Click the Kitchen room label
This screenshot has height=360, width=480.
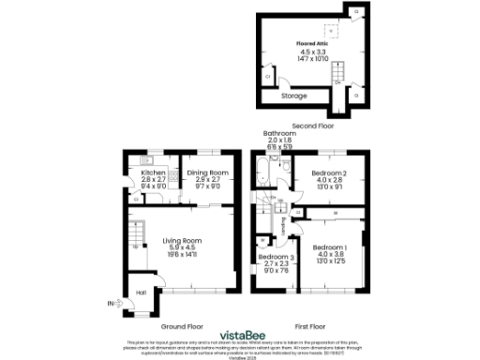[153, 173]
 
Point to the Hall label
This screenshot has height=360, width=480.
[141, 292]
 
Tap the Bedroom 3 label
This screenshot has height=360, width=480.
[275, 257]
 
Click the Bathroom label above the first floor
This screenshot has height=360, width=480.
[279, 134]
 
